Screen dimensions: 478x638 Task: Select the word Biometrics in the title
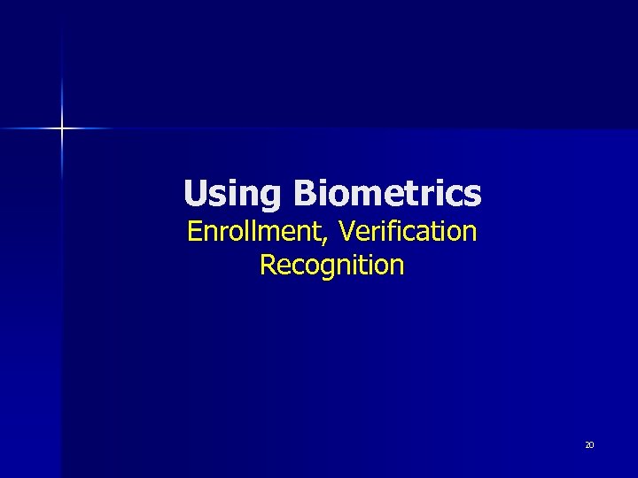(387, 193)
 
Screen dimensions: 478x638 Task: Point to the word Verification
(408, 232)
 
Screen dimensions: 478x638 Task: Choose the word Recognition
(332, 265)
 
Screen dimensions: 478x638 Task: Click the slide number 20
(589, 444)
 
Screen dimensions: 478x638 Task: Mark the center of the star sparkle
(62, 128)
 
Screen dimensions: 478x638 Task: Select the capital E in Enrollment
(194, 232)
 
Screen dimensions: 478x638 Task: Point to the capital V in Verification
(347, 232)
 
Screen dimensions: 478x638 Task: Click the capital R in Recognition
(268, 265)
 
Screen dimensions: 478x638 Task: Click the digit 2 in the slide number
(587, 444)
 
